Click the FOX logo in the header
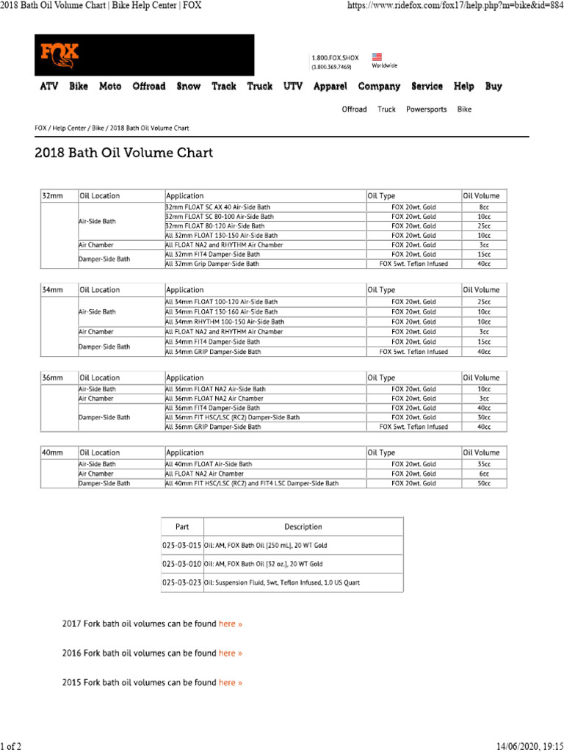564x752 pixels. (59, 55)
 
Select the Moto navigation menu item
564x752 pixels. (110, 87)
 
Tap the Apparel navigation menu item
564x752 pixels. (330, 87)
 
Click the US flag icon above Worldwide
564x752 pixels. (377, 56)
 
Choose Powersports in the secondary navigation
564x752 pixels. (427, 109)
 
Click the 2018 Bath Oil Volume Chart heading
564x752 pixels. (124, 153)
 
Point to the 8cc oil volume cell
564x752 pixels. (484, 208)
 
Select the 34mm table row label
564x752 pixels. (51, 290)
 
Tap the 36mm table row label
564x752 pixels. (51, 377)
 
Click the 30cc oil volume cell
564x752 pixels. (484, 417)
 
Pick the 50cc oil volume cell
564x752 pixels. (484, 483)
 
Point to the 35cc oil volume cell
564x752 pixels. (484, 464)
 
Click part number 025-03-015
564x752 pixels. (182, 546)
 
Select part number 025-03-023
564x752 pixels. (182, 582)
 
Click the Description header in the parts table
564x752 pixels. (303, 527)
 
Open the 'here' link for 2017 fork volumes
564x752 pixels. (230, 623)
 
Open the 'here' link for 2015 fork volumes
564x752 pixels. (230, 682)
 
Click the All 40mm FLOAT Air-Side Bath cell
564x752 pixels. (209, 464)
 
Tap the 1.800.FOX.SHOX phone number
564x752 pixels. (335, 57)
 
